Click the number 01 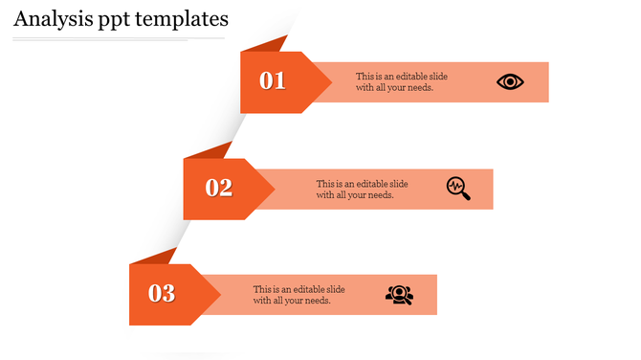(x=274, y=81)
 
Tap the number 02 (x=219, y=188)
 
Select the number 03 (x=162, y=293)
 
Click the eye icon (x=511, y=81)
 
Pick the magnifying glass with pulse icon (x=458, y=188)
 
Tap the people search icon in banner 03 (x=400, y=295)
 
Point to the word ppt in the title (x=113, y=19)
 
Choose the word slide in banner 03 (x=330, y=289)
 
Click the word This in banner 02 (x=325, y=184)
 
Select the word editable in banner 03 (x=302, y=289)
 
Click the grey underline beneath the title (x=119, y=39)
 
